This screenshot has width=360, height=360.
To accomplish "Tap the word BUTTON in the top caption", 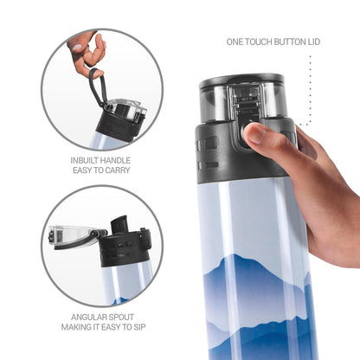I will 283,42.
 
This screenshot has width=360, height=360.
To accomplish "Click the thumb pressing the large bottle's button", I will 257,133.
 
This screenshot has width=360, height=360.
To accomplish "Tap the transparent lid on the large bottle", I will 242,97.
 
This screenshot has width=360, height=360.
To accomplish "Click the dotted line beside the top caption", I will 310,87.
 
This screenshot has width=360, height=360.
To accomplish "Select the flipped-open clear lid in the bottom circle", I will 69,235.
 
